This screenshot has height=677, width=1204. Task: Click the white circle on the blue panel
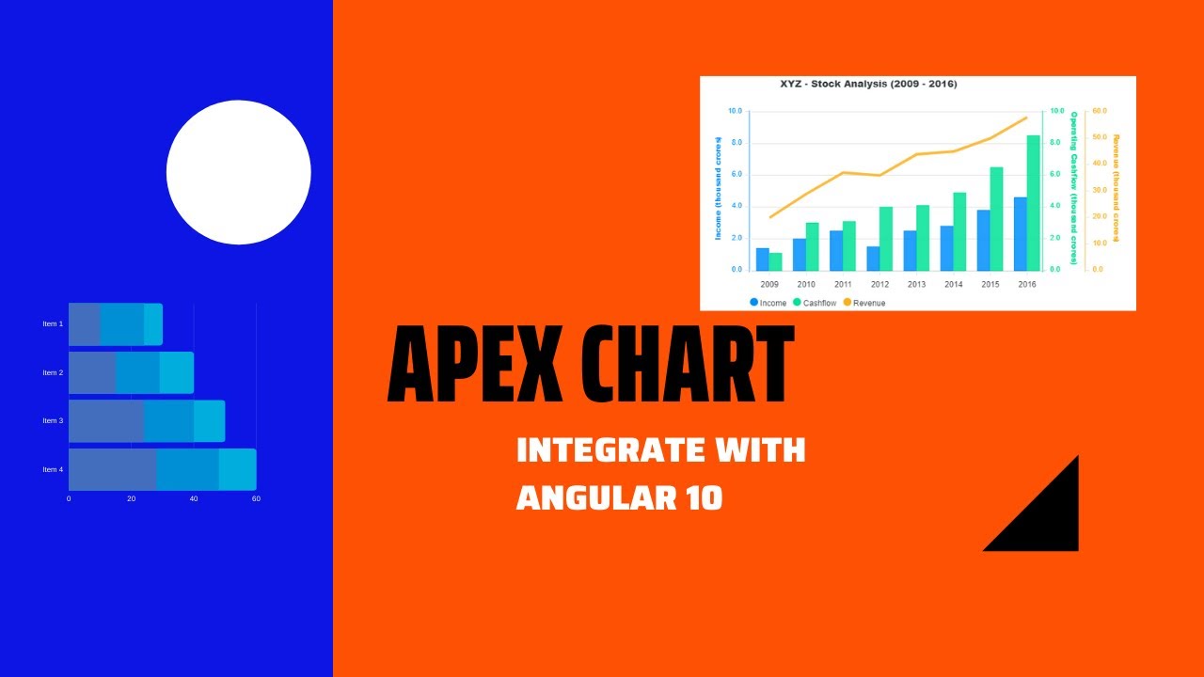(239, 172)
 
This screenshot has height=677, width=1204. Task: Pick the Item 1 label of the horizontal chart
(53, 323)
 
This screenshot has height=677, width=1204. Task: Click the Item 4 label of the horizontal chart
(53, 469)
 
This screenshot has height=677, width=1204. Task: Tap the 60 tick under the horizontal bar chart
(256, 498)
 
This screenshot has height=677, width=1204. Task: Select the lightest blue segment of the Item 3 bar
(210, 420)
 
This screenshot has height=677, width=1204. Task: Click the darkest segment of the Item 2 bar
(91, 372)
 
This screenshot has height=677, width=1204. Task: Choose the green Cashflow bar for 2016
(1033, 203)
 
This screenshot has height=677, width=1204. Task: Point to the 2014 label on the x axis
(953, 284)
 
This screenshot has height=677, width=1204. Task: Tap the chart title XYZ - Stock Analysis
(867, 84)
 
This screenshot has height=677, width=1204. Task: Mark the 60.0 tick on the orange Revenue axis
(1099, 111)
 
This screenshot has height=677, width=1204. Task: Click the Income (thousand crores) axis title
(719, 188)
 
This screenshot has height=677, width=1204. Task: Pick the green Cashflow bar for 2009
(775, 261)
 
